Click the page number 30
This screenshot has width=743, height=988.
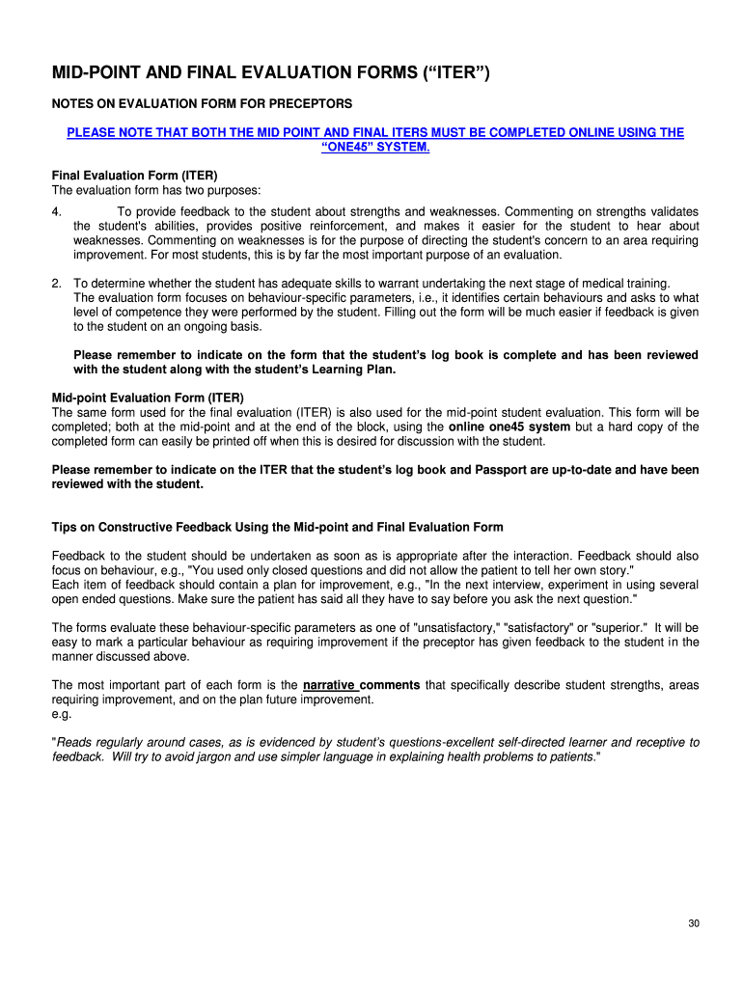[x=693, y=923]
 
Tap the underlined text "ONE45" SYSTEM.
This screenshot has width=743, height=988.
[x=374, y=147]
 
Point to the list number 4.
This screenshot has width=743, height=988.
[x=57, y=212]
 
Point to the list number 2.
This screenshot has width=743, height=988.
[x=57, y=284]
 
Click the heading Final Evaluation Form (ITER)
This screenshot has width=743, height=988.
[x=134, y=176]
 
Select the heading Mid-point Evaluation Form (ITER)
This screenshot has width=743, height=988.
[x=148, y=398]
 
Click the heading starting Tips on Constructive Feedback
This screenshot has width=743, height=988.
[x=277, y=527]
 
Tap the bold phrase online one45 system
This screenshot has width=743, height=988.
[x=509, y=426]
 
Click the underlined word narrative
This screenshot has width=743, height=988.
[x=329, y=685]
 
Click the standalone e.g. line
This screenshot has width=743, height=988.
[x=62, y=715]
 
